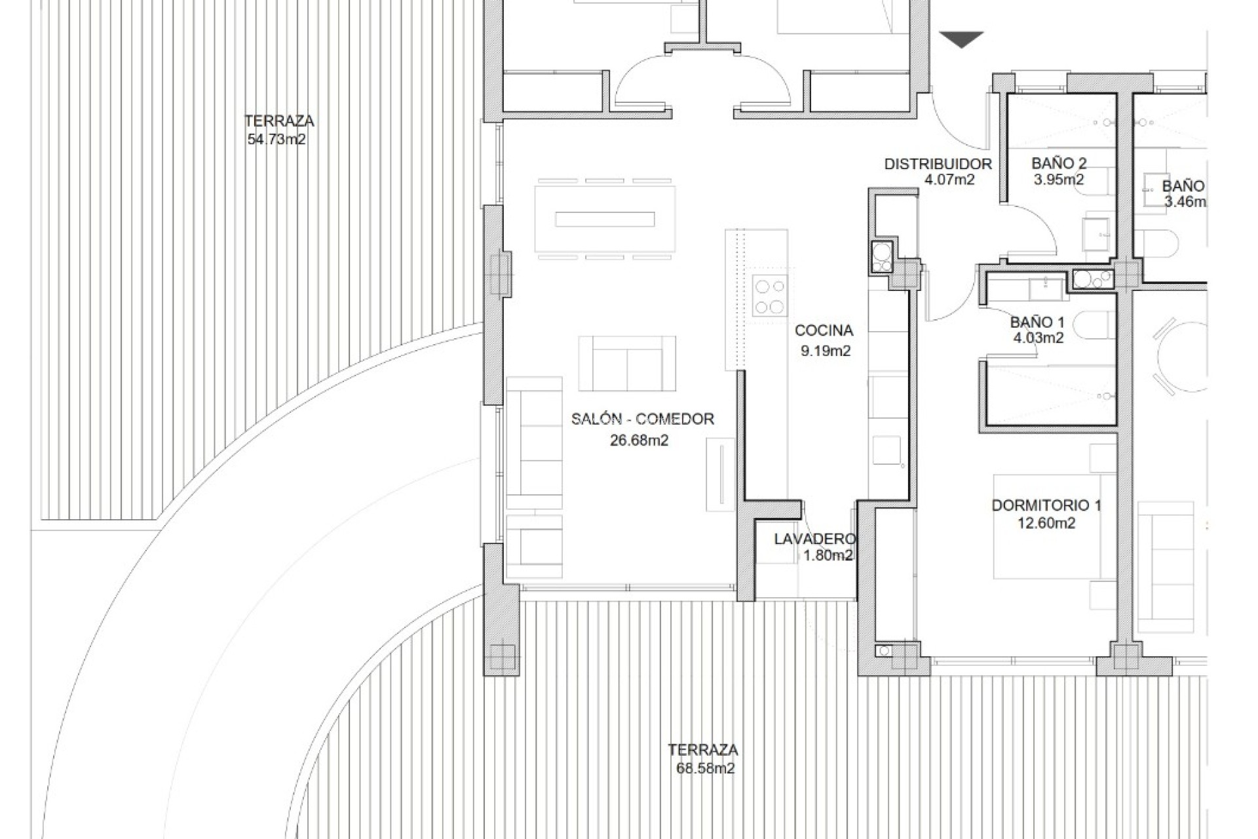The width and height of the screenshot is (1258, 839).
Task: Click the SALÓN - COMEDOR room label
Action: pos(642,419)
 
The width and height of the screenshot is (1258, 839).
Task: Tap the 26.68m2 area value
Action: pos(639,440)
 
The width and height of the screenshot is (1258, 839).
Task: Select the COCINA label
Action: pos(824,330)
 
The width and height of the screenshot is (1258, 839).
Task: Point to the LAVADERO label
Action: pos(814,539)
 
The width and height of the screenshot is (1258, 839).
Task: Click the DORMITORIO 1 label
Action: pos(1046,505)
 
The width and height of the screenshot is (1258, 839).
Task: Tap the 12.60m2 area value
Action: pos(1046,523)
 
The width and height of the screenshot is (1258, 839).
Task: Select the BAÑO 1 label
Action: pos(1037,322)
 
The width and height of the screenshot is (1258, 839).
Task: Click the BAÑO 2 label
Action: pos(1058,163)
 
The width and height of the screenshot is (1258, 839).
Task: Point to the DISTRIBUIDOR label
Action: pos(938,164)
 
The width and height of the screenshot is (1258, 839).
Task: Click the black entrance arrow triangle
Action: pos(961,39)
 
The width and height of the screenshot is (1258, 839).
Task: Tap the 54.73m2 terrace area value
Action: pos(276,139)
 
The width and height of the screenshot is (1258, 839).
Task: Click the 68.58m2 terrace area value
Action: pos(705,768)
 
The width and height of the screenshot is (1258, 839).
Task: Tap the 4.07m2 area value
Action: pos(949,180)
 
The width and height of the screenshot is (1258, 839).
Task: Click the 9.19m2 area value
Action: pos(825,351)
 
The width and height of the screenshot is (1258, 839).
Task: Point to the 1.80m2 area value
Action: pos(828,556)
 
